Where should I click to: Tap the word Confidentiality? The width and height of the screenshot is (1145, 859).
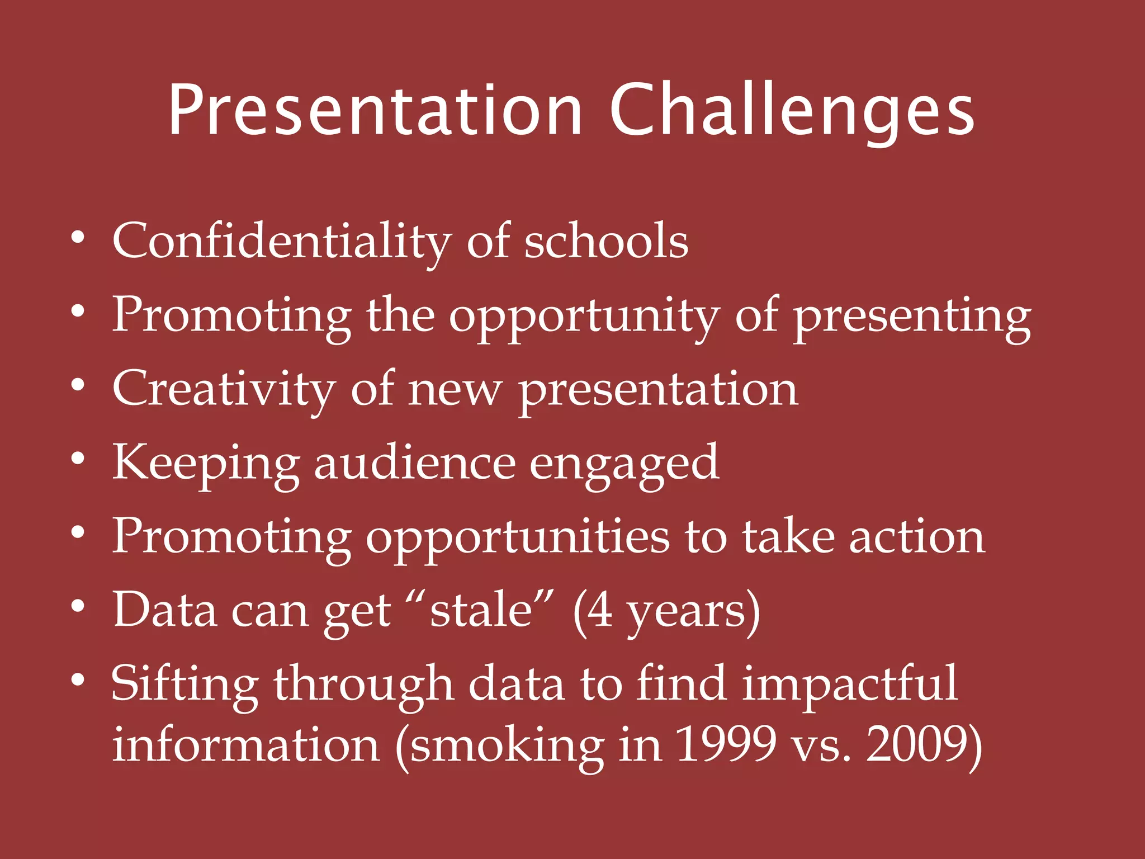[x=281, y=241]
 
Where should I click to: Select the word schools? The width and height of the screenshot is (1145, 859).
[x=606, y=241]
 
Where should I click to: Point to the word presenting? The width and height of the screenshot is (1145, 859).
[x=912, y=316]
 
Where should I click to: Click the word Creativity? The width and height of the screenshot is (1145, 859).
[x=224, y=389]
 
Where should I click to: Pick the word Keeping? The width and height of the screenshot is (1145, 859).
[x=206, y=463]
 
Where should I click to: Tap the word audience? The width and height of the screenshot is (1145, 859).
[x=414, y=463]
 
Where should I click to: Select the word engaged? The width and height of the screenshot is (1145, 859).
[x=624, y=463]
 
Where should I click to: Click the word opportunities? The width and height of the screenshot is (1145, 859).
[x=517, y=537]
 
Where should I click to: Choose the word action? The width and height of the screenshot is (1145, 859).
[x=917, y=537]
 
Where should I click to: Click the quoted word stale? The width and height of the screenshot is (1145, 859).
[x=481, y=610]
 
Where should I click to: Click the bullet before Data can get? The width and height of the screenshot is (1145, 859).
[x=78, y=607]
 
